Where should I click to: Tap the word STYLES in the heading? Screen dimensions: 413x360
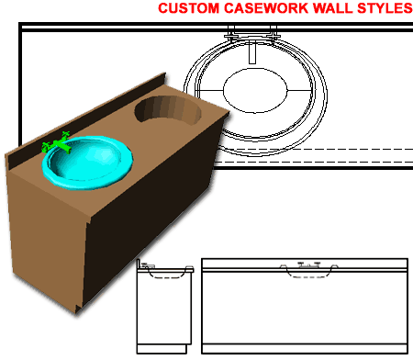coord(381,9)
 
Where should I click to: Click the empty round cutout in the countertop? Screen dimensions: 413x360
coord(170,112)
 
